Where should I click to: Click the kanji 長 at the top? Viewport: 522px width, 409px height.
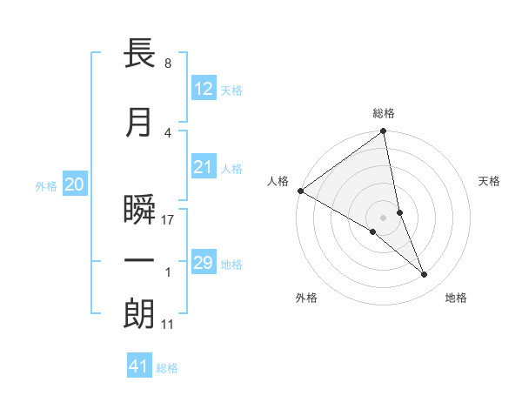pyautogui.click(x=139, y=54)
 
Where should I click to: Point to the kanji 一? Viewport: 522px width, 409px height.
pyautogui.click(x=139, y=261)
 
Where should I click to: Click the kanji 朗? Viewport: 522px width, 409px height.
pyautogui.click(x=139, y=314)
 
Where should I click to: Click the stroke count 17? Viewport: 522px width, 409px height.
pyautogui.click(x=168, y=220)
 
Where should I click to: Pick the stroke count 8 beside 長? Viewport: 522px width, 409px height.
pyautogui.click(x=167, y=64)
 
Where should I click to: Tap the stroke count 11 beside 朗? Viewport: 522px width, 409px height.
pyautogui.click(x=168, y=325)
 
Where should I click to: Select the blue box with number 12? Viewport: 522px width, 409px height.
pyautogui.click(x=204, y=89)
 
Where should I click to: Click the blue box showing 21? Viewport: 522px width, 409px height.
pyautogui.click(x=204, y=167)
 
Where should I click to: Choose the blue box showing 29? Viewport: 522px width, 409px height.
pyautogui.click(x=204, y=263)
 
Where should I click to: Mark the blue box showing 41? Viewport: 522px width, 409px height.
pyautogui.click(x=139, y=366)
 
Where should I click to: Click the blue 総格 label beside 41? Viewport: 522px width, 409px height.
pyautogui.click(x=167, y=368)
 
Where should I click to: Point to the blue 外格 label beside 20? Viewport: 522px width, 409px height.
pyautogui.click(x=46, y=185)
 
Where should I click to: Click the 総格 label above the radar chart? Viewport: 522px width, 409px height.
pyautogui.click(x=384, y=113)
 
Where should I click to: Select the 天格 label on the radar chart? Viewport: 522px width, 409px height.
pyautogui.click(x=490, y=181)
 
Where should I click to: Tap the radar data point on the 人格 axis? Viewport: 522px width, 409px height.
pyautogui.click(x=300, y=191)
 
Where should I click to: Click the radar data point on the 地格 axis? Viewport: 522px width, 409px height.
pyautogui.click(x=425, y=275)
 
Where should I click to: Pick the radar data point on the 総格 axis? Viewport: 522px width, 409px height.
pyautogui.click(x=384, y=131)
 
